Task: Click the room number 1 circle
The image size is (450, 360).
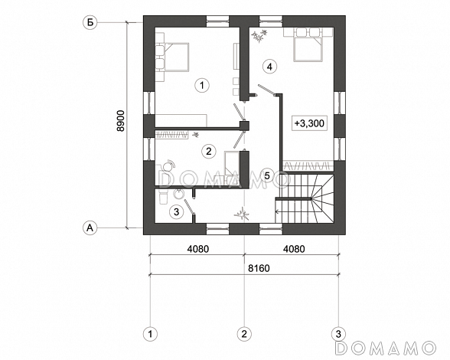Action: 202,85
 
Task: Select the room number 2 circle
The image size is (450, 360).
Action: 209,151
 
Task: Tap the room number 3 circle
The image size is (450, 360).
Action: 177,212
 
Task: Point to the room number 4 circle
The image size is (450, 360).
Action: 269,67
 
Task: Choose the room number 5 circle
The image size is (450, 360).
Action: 267,175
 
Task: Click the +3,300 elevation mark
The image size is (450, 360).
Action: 309,123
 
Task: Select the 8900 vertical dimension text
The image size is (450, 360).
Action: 121,121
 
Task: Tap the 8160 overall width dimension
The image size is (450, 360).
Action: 259,268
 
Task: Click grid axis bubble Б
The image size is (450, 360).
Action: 90,22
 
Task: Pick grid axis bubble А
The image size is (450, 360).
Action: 90,227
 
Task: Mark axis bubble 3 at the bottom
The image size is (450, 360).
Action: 338,334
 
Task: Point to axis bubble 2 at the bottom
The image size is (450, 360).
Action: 244,334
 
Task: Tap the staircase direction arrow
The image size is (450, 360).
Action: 293,212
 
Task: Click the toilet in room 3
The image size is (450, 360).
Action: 162,198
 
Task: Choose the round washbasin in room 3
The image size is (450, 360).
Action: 179,194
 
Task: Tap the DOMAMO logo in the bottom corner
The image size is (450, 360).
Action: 385,348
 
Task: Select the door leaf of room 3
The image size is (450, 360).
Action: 189,207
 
